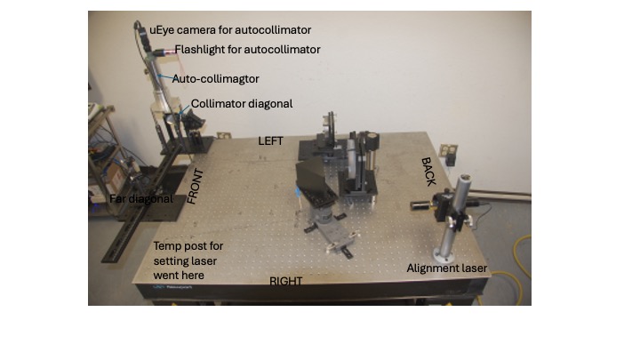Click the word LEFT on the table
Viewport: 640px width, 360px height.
270,141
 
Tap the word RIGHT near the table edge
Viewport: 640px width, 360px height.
285,281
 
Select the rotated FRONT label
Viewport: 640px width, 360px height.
195,186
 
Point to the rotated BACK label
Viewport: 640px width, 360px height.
428,172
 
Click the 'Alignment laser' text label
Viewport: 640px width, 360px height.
447,268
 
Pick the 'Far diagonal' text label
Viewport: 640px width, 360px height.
141,199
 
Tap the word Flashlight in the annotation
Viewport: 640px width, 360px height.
200,50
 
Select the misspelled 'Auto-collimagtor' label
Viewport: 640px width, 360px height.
215,79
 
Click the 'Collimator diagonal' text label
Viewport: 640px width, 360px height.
242,104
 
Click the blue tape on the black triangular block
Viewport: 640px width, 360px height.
298,192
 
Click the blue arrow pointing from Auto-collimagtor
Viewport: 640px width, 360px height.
165,77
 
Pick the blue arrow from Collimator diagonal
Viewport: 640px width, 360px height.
184,110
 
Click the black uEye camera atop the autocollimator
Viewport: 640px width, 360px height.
141,36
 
